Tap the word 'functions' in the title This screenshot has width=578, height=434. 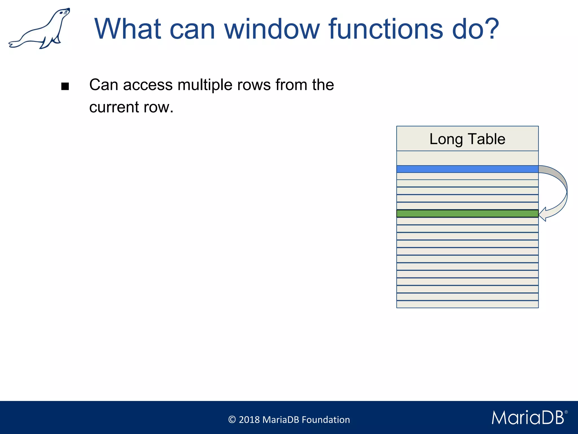coord(386,29)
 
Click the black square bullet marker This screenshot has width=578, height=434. coord(65,86)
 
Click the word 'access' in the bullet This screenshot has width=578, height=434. coord(148,85)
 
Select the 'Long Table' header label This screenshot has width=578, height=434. coord(467,139)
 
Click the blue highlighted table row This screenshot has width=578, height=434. coord(467,169)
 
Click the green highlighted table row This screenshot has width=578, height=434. coord(467,213)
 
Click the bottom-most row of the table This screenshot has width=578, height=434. coord(467,304)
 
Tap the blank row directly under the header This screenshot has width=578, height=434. coord(467,158)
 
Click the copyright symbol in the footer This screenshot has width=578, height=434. coord(232,420)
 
